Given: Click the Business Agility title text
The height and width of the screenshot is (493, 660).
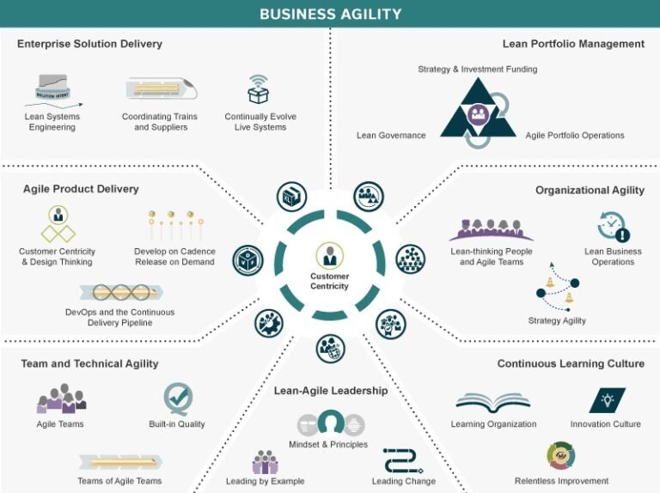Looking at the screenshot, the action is tap(330, 14).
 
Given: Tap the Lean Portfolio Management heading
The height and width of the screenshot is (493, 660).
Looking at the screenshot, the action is tap(573, 44).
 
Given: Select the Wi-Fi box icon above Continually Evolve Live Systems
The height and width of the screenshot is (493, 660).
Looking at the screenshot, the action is tap(258, 89).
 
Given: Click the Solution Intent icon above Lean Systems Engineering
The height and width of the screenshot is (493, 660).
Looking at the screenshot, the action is tap(52, 88).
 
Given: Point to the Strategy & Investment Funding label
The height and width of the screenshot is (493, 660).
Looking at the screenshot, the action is tap(477, 69).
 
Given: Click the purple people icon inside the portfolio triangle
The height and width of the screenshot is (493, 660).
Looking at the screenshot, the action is tap(479, 113).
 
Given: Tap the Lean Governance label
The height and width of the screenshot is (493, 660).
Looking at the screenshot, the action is tap(391, 136).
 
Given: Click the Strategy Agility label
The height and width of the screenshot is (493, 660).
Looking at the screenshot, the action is tap(557, 320).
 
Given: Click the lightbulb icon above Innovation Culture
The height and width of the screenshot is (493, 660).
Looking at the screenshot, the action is tap(607, 400).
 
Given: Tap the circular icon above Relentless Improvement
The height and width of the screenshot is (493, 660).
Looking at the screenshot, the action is tap(561, 455).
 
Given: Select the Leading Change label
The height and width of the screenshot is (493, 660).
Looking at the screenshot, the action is tap(404, 481).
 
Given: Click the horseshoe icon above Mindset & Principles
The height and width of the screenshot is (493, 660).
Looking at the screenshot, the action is tap(331, 423).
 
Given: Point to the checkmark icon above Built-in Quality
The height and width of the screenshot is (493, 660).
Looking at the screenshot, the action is tap(178, 399).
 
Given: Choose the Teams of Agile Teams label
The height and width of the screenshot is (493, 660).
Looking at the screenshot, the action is tap(119, 481).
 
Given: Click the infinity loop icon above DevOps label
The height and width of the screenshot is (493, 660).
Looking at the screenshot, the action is tap(121, 292).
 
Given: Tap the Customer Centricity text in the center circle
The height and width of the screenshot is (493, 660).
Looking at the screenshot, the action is tap(330, 281).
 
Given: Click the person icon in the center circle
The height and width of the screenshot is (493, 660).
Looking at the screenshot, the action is tap(330, 255).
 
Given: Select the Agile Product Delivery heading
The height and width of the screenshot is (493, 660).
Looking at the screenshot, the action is tap(81, 189).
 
